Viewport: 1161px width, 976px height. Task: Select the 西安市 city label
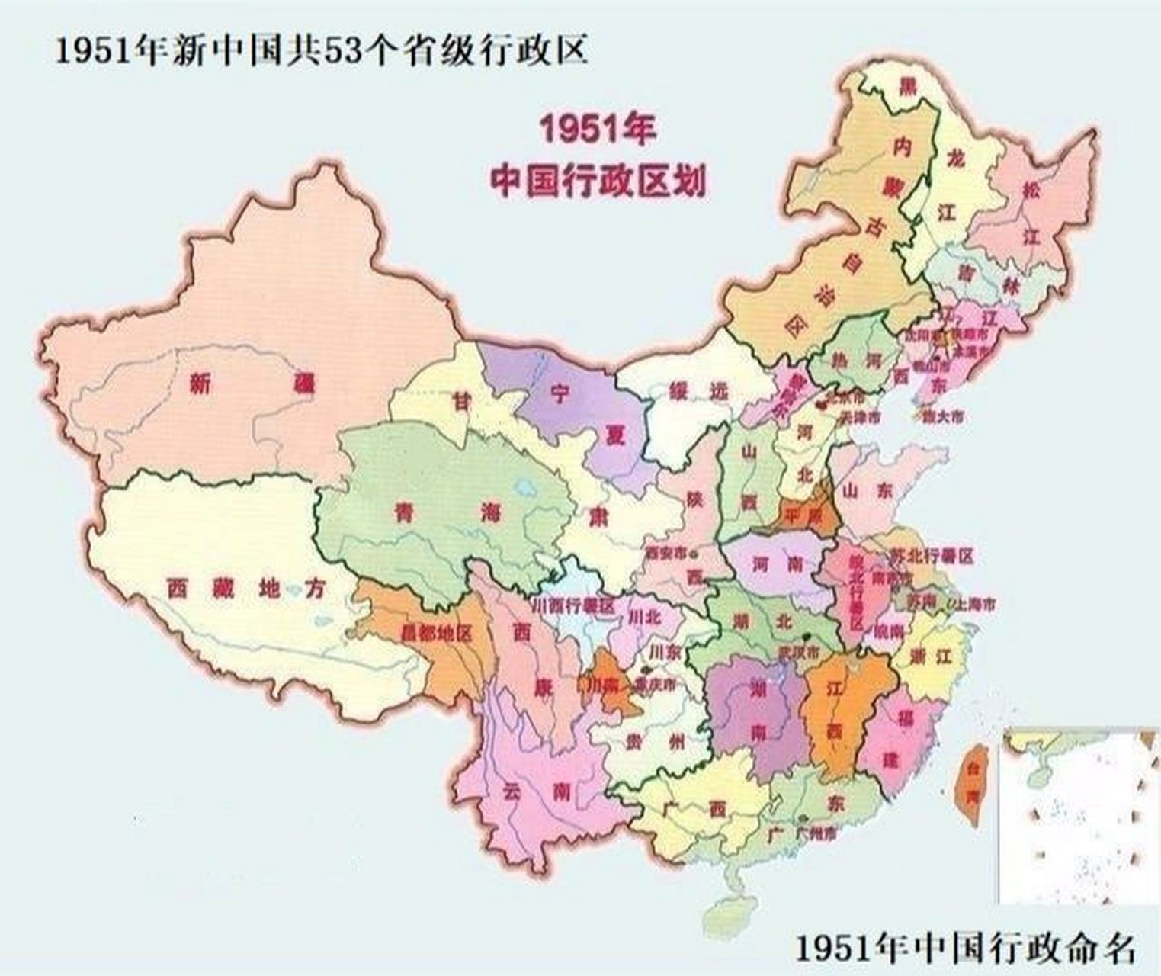coord(665,553)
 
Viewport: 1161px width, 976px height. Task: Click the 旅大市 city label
coord(942,417)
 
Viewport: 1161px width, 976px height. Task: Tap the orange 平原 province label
coord(803,515)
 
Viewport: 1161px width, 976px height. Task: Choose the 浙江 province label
coord(932,656)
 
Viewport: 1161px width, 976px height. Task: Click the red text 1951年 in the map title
coord(597,130)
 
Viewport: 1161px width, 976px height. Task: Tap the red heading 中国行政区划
coord(597,182)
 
